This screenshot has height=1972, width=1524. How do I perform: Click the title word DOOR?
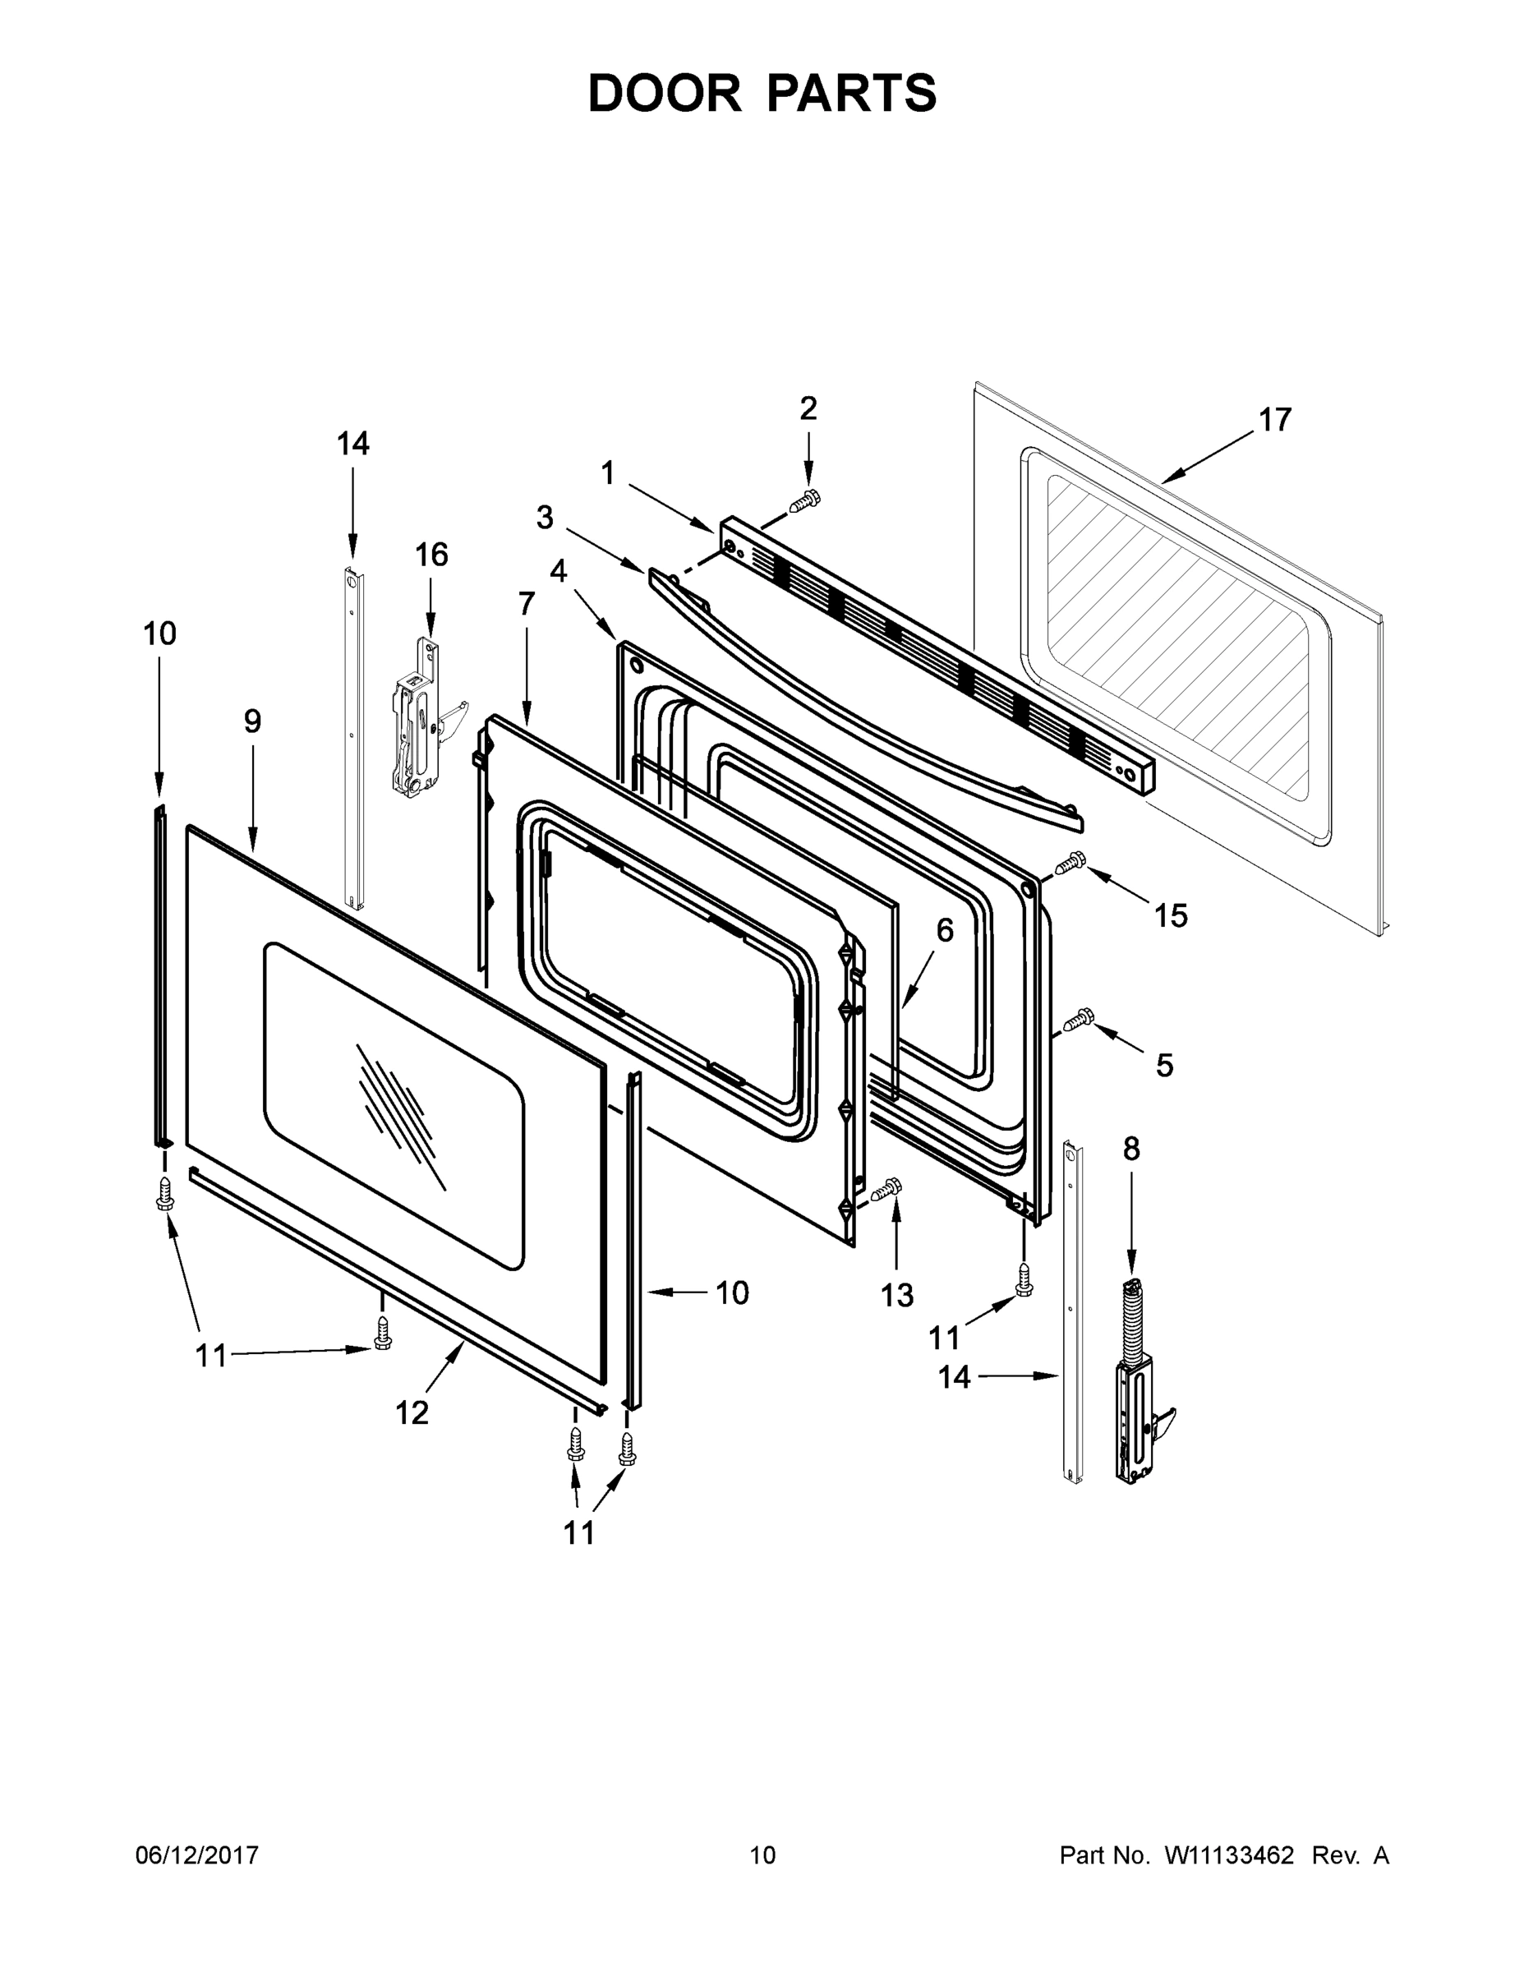[x=664, y=93]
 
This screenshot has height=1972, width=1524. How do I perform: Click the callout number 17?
[x=1275, y=420]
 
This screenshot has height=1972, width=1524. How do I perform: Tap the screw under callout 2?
[x=805, y=502]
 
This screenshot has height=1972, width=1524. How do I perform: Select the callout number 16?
[x=430, y=555]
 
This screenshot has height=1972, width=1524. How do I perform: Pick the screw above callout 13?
[x=888, y=1189]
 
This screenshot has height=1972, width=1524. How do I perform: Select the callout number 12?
[x=412, y=1413]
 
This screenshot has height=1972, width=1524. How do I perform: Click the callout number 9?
[x=252, y=721]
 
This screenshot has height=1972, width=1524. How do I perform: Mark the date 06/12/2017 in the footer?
[x=197, y=1855]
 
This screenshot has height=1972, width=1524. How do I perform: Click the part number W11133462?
[x=1229, y=1855]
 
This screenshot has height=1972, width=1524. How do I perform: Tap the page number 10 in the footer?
[x=762, y=1855]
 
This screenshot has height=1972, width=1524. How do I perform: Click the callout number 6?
[x=944, y=930]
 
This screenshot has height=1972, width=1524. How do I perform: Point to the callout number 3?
[x=545, y=518]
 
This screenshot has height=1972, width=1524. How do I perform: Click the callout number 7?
[x=527, y=603]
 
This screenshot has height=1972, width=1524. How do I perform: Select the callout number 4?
[x=558, y=571]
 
